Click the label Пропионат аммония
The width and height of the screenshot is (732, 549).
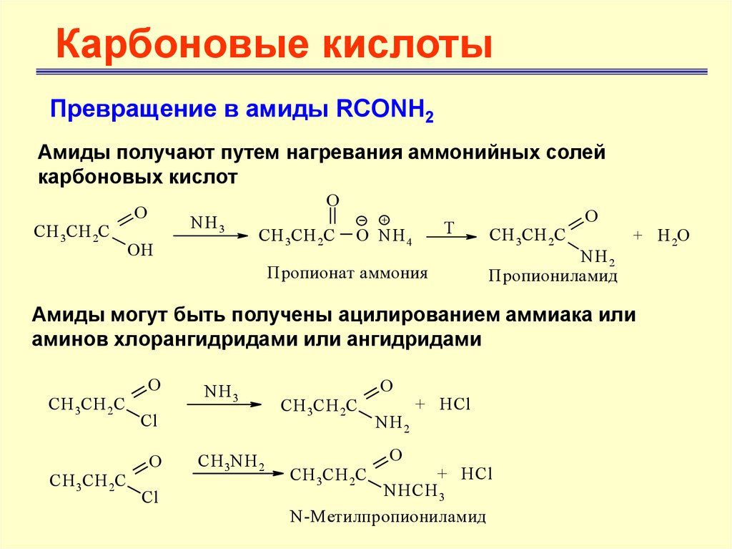347,272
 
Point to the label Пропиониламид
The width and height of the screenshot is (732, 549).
553,276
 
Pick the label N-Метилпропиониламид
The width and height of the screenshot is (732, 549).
388,515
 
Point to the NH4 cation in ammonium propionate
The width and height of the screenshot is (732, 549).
396,236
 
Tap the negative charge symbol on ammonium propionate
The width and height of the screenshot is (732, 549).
362,220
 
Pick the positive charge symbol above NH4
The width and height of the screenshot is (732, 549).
384,220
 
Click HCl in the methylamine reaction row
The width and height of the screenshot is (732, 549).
477,474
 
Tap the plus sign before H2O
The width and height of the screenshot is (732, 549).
638,235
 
